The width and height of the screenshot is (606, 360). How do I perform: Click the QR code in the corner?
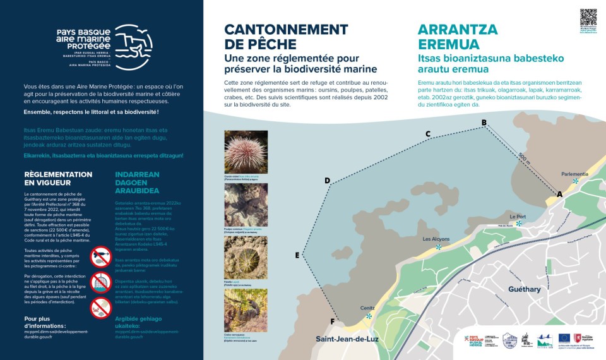click(588, 17)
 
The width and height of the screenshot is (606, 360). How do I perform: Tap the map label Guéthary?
click(525, 289)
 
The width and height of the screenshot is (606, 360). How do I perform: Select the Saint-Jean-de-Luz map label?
click(347, 339)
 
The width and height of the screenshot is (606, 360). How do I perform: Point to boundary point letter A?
click(559, 195)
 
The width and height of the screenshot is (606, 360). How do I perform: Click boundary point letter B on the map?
click(484, 123)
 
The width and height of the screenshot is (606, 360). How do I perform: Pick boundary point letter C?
click(427, 134)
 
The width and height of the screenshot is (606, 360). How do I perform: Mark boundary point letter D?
click(327, 181)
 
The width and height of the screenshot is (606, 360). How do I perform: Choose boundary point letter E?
click(297, 255)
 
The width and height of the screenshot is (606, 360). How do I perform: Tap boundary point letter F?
click(332, 321)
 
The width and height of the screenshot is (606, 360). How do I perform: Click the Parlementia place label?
click(574, 174)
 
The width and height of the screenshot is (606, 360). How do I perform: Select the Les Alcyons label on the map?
click(436, 239)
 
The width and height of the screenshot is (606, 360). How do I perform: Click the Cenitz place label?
click(367, 308)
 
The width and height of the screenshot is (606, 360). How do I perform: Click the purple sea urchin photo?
click(246, 152)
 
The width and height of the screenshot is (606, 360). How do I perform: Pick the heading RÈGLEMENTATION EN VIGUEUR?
click(57, 178)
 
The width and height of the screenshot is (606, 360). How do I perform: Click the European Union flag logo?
click(564, 339)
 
